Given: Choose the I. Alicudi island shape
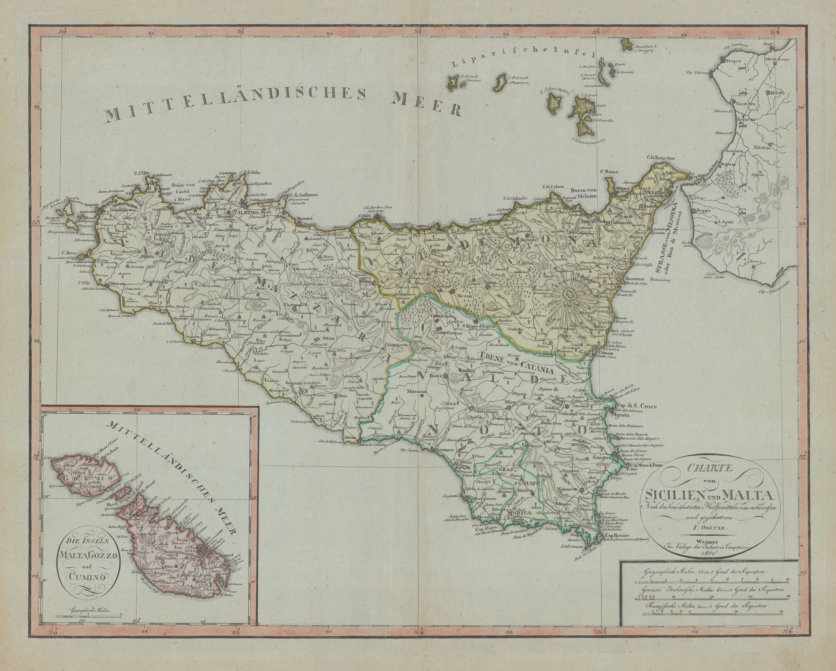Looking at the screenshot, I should pyautogui.click(x=452, y=82).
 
